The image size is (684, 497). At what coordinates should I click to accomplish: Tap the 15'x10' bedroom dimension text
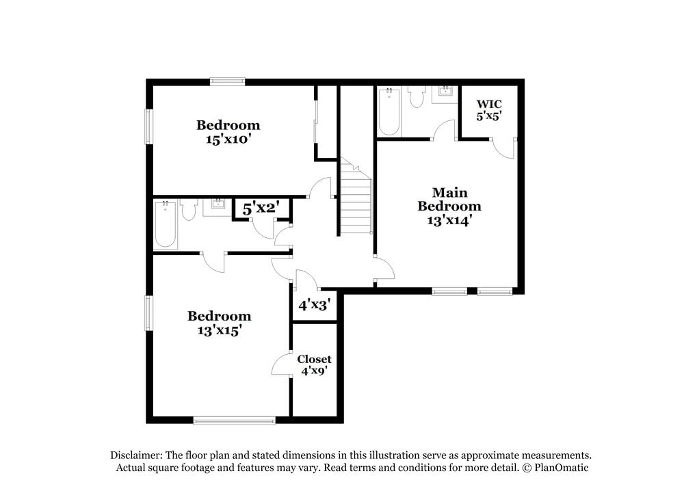pos(228,139)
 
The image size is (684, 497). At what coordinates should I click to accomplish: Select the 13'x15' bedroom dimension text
pos(220,330)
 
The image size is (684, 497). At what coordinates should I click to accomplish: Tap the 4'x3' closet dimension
pos(314,304)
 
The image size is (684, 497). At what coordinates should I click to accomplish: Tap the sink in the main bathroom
pos(446,92)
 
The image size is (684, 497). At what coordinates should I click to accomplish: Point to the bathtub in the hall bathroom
pos(166,224)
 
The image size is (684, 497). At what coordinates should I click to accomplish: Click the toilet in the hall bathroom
pos(189,209)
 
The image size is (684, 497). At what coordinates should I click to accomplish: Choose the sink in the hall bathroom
pos(218,204)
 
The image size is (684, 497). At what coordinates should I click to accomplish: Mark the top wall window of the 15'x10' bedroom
pos(227,81)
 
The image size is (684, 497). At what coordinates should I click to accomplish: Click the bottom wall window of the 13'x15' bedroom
pos(235,419)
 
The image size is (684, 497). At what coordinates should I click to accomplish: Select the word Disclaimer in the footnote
pos(134,455)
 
